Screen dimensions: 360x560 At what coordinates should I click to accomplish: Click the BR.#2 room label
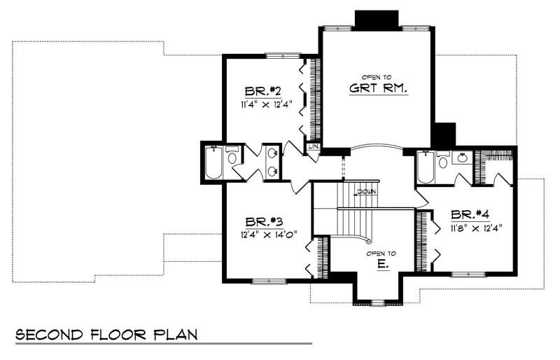click(x=263, y=92)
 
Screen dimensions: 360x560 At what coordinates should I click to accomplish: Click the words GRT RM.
click(x=378, y=89)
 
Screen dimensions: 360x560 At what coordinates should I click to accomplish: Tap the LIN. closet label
click(x=313, y=146)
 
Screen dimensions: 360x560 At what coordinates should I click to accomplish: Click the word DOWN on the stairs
click(x=366, y=191)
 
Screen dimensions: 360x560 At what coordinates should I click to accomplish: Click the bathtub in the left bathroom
click(x=212, y=163)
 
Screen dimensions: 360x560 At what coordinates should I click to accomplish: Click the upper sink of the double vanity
click(x=271, y=153)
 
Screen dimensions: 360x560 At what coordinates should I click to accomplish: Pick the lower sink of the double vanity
click(x=271, y=171)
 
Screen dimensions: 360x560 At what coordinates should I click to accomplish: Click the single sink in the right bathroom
click(x=463, y=158)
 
